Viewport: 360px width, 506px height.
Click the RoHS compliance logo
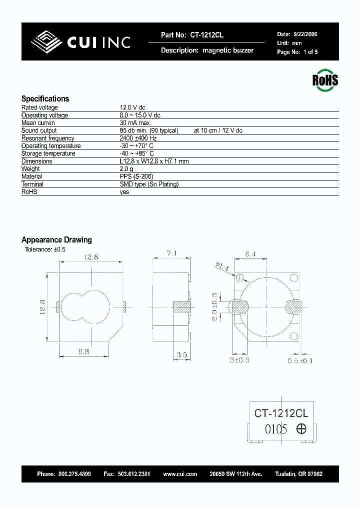[x=325, y=80]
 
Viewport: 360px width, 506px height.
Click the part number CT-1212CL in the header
[x=206, y=35]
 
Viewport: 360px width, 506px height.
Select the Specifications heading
[x=45, y=99]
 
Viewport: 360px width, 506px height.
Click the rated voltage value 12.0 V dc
[x=132, y=107]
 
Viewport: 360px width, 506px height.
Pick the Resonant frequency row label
[x=47, y=138]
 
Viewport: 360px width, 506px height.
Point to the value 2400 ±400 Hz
[x=137, y=138]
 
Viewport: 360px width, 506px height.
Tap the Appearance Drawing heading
[x=56, y=240]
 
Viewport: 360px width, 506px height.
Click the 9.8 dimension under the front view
[x=83, y=351]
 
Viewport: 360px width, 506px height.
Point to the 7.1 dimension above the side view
[x=171, y=254]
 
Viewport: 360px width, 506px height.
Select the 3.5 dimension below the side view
[x=181, y=355]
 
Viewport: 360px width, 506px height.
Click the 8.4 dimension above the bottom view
[x=251, y=254]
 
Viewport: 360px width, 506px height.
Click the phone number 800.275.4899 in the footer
[x=74, y=474]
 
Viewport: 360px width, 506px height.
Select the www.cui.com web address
[x=180, y=474]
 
